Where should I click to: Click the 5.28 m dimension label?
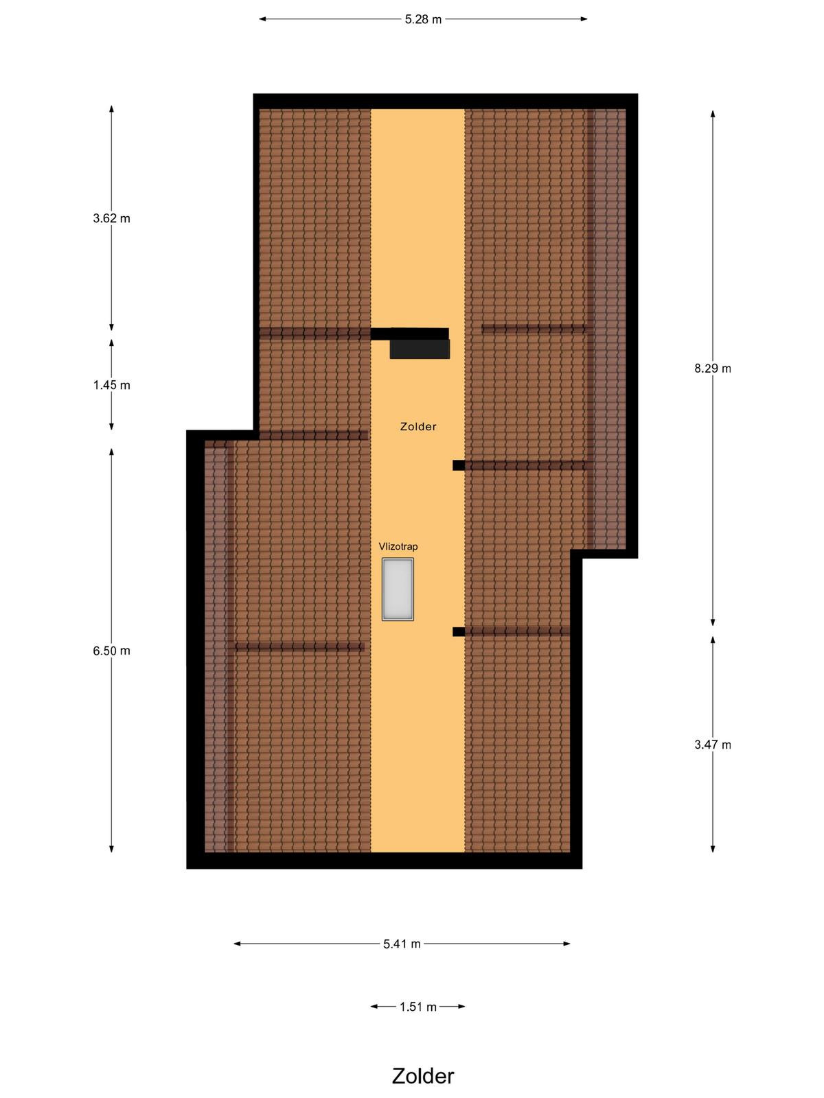click(x=423, y=19)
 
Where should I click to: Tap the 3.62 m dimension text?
click(x=111, y=218)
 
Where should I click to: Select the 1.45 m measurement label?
click(x=111, y=385)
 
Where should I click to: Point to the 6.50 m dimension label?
click(x=111, y=651)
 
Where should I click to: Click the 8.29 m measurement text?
click(x=713, y=368)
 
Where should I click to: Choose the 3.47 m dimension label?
click(x=713, y=745)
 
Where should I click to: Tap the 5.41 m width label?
click(x=402, y=944)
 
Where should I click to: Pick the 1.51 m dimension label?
click(x=417, y=1007)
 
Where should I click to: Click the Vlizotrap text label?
click(x=398, y=546)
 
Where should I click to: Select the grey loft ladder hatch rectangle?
click(x=398, y=589)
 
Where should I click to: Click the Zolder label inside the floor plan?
click(x=418, y=426)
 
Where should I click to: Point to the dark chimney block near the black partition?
click(x=420, y=349)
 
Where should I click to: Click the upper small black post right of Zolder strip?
click(x=458, y=465)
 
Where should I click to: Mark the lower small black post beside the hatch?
click(x=458, y=632)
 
